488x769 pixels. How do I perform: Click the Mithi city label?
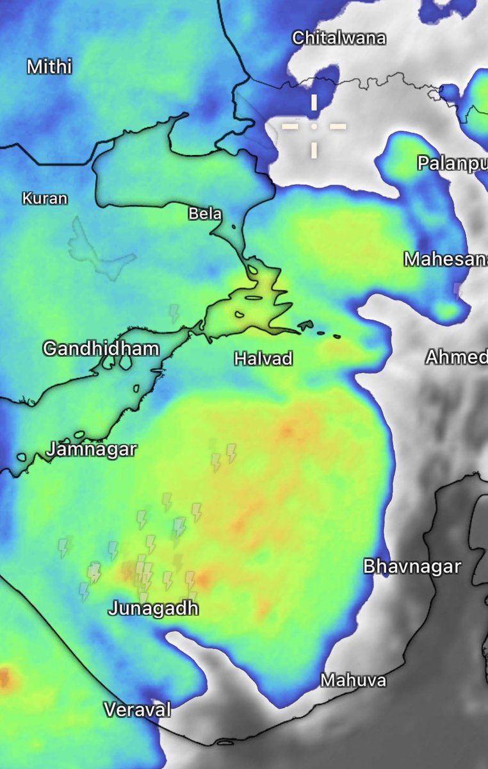coord(49,67)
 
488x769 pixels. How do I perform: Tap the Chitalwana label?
coord(339,38)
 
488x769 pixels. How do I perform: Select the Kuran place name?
coord(45,199)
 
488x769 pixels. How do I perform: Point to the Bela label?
coord(204,214)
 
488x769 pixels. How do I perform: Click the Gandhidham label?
coord(101,349)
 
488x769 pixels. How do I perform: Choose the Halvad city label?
coord(263,359)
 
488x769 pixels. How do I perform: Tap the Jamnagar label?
coord(92,449)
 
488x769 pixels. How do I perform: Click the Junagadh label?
coord(153,608)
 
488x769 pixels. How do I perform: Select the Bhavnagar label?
coord(412,566)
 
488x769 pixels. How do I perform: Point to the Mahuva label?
coord(354,680)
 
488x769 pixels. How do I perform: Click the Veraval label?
coord(138,710)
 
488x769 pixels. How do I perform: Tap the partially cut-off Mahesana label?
coord(445,259)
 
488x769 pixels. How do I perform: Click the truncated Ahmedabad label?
coord(457,357)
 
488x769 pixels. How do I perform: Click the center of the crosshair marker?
coord(314,126)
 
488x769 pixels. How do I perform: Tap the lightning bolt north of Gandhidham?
coord(174,313)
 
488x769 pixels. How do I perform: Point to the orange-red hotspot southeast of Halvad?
coord(286,431)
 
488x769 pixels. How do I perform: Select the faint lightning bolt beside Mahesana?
coord(457,289)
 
